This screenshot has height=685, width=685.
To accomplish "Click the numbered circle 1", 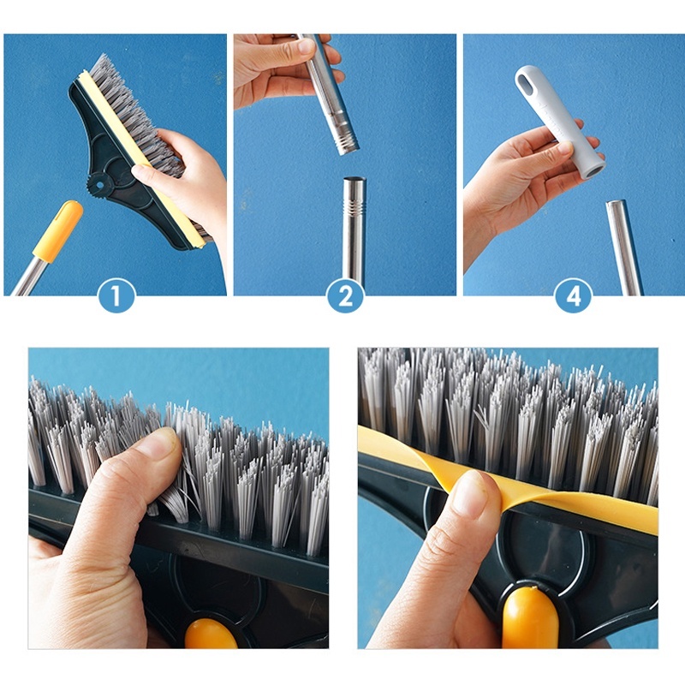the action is (x=116, y=295).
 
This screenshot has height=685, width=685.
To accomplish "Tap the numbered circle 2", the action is (x=346, y=295).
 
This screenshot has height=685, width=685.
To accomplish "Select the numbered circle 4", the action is (x=574, y=295).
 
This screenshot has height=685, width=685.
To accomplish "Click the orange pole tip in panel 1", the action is (x=58, y=231).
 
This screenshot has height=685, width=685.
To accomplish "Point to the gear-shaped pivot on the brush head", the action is (x=100, y=186).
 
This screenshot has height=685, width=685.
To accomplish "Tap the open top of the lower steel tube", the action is (x=354, y=180).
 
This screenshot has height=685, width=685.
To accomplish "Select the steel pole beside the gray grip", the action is (x=624, y=247).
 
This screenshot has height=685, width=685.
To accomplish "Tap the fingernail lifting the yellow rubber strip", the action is (x=468, y=491).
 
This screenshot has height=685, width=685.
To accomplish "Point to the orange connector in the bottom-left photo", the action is (x=211, y=634).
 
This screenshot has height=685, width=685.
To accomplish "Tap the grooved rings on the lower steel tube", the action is (x=354, y=205).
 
